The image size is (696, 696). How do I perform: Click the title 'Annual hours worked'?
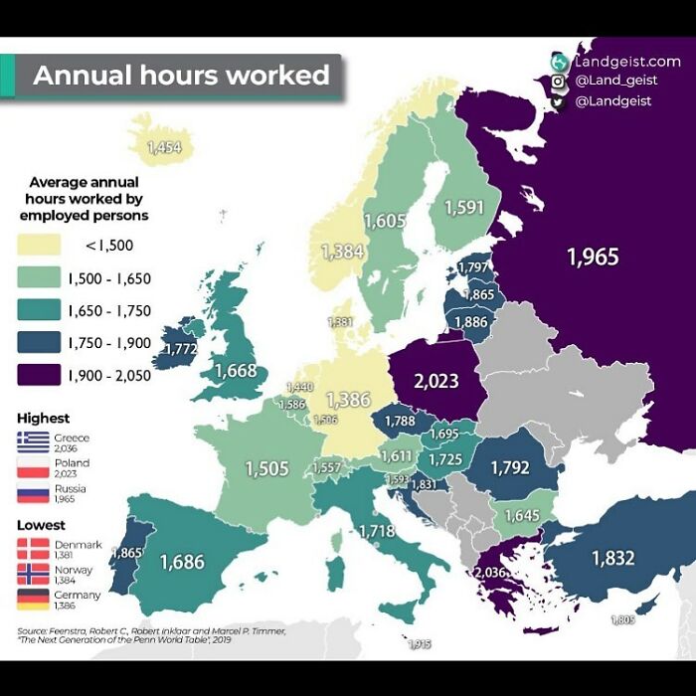(x=181, y=76)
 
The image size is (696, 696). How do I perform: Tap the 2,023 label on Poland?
(x=436, y=381)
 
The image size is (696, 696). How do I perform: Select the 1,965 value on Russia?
(x=593, y=258)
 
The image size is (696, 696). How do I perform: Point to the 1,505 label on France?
(x=266, y=469)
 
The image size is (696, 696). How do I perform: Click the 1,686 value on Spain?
(x=182, y=563)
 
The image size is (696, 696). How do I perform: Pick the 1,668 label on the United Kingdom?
(x=236, y=371)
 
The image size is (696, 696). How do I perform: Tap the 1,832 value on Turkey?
(x=612, y=559)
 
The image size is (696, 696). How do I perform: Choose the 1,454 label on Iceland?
(x=163, y=147)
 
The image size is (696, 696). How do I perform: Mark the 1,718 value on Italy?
(x=377, y=531)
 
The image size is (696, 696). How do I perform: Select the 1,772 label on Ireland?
(x=179, y=349)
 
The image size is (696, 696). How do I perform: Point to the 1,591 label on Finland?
(x=464, y=208)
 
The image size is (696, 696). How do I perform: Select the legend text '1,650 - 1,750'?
(x=109, y=311)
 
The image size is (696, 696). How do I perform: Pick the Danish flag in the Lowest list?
(x=33, y=548)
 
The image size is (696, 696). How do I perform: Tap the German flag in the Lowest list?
(x=33, y=600)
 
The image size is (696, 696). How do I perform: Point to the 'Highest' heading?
(x=44, y=419)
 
